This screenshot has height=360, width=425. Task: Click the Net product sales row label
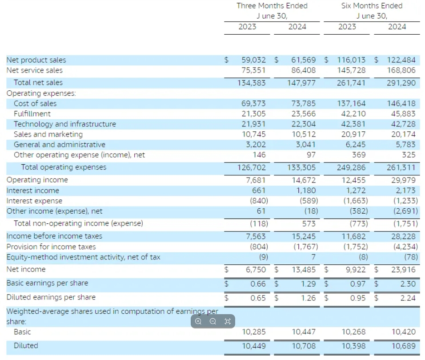[x=36, y=60]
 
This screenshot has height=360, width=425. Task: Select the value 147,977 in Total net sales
[x=303, y=82]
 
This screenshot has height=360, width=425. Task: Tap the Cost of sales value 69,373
[x=253, y=103]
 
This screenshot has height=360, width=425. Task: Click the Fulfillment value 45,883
[x=403, y=113]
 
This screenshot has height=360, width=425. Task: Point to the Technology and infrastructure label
[x=64, y=124]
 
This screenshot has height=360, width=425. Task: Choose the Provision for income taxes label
[x=51, y=247]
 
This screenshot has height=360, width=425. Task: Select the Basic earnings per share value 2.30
[x=408, y=283]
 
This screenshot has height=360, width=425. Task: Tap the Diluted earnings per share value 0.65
[x=258, y=298]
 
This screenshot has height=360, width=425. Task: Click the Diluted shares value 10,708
[x=303, y=346]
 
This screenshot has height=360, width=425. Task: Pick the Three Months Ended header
[x=272, y=6]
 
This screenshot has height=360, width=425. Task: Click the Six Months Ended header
[x=372, y=6]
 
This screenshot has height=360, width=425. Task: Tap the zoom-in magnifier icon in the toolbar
[x=198, y=321]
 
